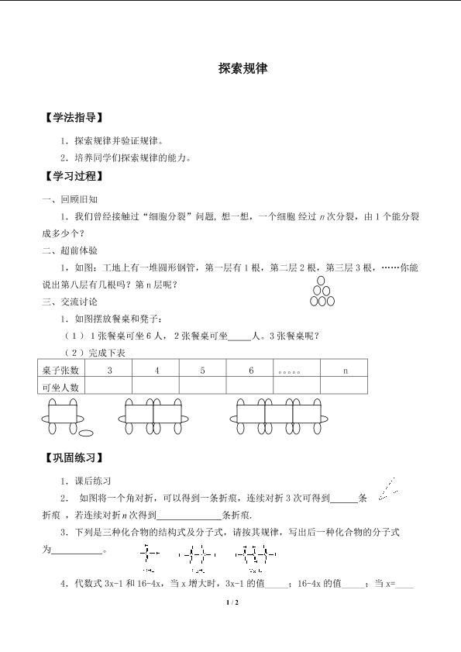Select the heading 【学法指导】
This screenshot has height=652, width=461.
[74, 118]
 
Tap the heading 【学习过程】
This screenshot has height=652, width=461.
[74, 176]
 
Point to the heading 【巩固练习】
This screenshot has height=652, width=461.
[74, 458]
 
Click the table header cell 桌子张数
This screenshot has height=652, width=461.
[61, 371]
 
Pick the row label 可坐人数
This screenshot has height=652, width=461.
[61, 386]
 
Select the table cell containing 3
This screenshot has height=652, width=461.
[109, 371]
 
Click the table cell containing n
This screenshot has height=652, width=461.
[345, 371]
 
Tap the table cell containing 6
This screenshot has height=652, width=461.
[251, 371]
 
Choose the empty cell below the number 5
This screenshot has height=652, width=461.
[203, 386]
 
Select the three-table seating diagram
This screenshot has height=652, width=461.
[279, 418]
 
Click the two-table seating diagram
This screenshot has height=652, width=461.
[153, 418]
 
